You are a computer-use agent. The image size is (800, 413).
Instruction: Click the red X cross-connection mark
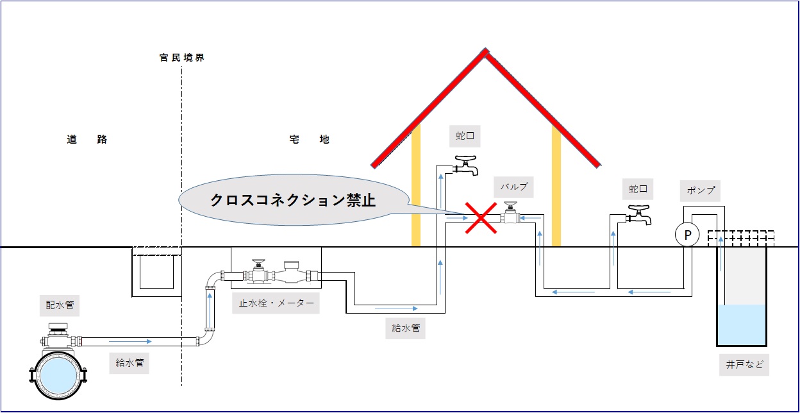[x=482, y=218]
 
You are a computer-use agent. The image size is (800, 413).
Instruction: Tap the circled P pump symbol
[x=687, y=235]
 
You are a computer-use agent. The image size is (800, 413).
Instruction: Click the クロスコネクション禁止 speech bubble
[x=294, y=199]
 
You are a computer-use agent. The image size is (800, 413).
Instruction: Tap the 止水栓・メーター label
[x=276, y=305]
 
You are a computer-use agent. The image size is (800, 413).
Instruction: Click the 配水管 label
[x=60, y=305]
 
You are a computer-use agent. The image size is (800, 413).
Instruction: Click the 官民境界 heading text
[x=181, y=58]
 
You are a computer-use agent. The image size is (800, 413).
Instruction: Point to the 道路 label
[x=87, y=139]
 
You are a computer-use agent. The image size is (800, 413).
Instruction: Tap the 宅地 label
[x=309, y=139]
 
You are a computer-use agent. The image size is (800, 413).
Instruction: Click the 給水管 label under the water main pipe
[x=129, y=363]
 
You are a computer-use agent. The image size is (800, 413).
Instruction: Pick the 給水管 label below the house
[x=406, y=328]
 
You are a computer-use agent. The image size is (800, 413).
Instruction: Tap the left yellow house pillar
[x=416, y=186]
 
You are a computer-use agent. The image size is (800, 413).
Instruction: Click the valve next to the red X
[x=510, y=214]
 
